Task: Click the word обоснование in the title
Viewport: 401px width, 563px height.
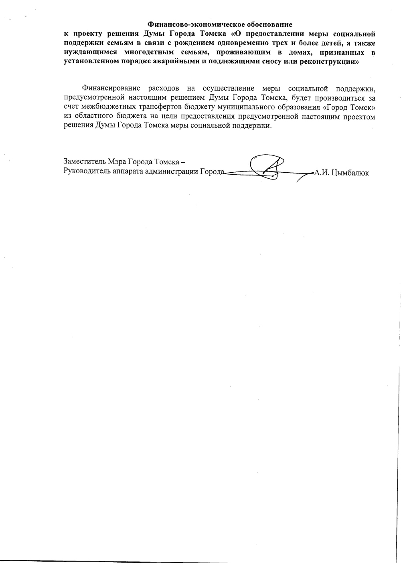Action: click(270, 24)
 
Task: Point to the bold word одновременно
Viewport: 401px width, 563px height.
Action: click(249, 42)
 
